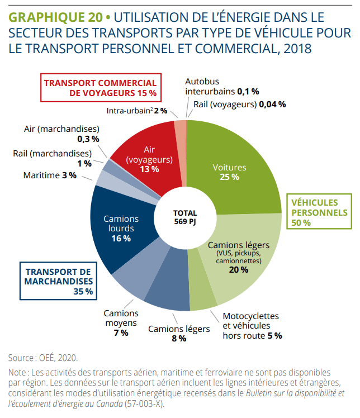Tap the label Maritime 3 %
click(50, 175)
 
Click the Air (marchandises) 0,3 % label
click(61, 133)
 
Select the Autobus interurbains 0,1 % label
click(221, 85)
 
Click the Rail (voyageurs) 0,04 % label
click(240, 104)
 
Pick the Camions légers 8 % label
click(179, 333)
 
